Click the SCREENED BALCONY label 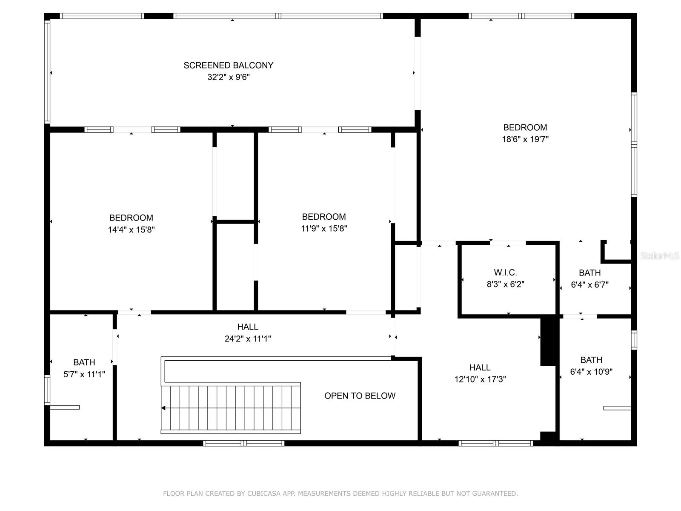coord(228,65)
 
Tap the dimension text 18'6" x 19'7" coord(525,139)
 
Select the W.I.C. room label coord(505,273)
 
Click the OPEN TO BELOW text coord(360,396)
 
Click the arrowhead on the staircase coord(164,408)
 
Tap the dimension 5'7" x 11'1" coord(84,374)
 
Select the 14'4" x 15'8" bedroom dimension coord(131,230)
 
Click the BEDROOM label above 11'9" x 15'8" coord(324,217)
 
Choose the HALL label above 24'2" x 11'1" coord(248,327)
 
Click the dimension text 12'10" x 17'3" coord(480,379)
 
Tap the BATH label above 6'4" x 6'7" coord(589,273)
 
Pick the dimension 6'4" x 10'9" coord(591,372)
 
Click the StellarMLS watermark coord(659,256)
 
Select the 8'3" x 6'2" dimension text coord(505,284)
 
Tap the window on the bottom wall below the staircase coord(243,443)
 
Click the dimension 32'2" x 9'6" coord(228,77)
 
